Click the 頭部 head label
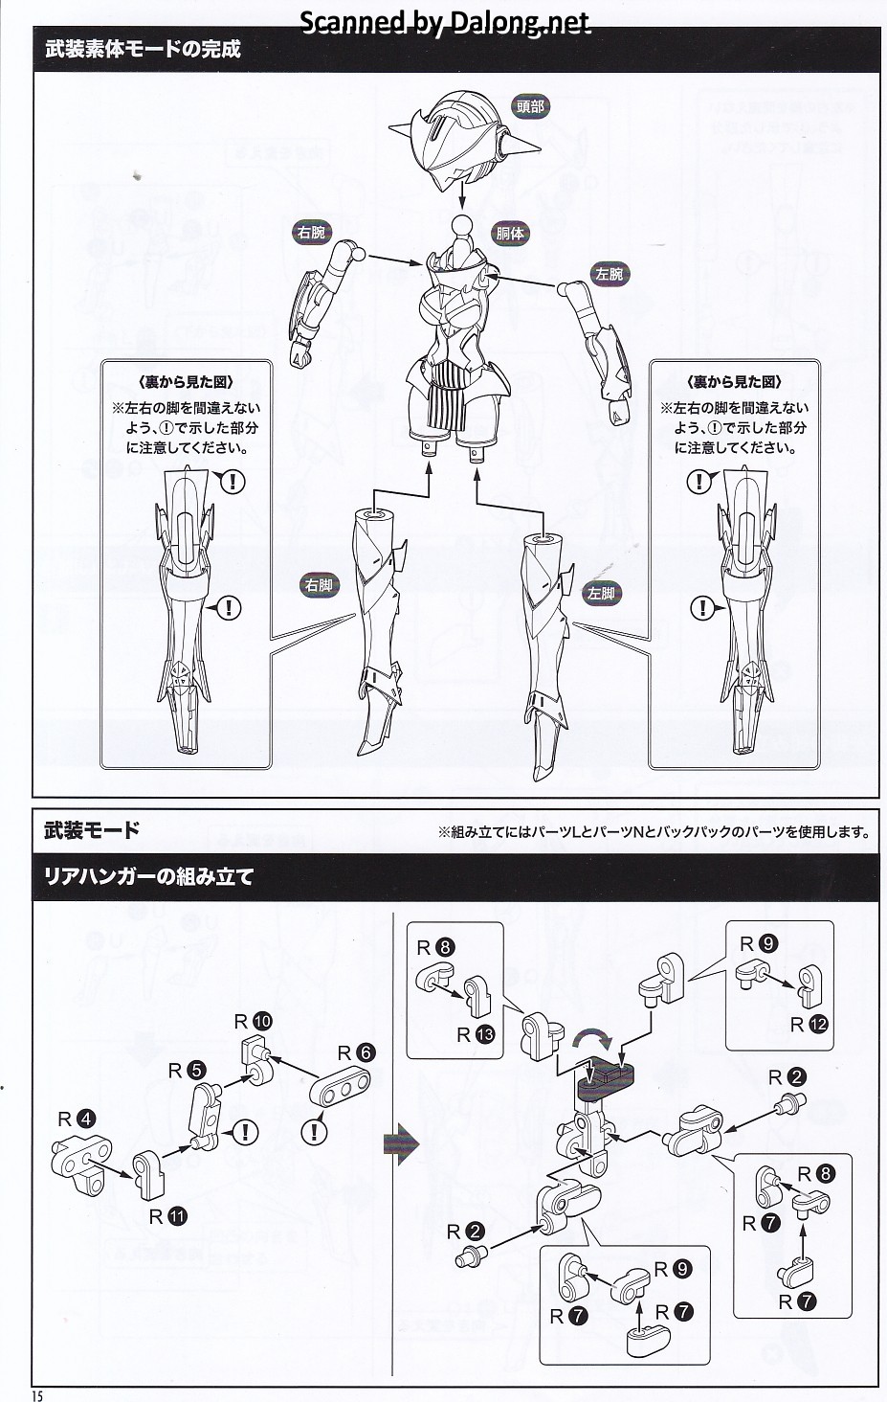pos(529,107)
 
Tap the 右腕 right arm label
pos(311,233)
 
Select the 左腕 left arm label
pos(609,275)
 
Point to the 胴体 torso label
pos(510,233)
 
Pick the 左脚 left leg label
pos(601,594)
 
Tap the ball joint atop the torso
pos(463,228)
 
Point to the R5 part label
pos(186,1070)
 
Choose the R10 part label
pos(254,1021)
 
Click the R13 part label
pos(476,1034)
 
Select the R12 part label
pos(808,1025)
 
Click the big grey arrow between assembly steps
pos(401,1144)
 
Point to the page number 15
pos(38,1395)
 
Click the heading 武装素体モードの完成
pos(143,50)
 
